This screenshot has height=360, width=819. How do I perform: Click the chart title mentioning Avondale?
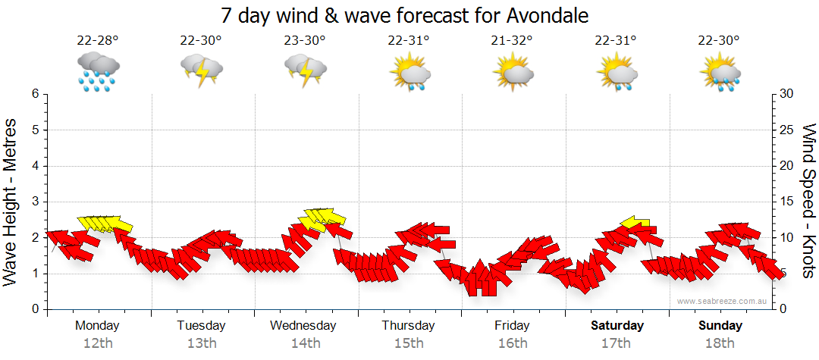click(405, 15)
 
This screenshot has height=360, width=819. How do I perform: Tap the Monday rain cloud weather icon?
click(98, 72)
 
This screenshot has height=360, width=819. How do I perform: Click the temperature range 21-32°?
click(512, 41)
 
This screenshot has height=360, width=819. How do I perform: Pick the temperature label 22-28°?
click(98, 41)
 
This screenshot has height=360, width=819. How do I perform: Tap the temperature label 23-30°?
click(305, 41)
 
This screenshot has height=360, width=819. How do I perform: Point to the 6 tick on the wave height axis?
click(34, 94)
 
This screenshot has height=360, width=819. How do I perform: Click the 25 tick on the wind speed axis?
click(787, 130)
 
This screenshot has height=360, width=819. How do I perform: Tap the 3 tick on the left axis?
click(34, 202)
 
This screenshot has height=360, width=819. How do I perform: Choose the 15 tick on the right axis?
click(787, 202)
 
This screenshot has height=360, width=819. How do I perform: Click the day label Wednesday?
click(303, 326)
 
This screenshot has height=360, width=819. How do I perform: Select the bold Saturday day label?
click(617, 326)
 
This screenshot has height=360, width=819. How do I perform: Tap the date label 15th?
click(408, 343)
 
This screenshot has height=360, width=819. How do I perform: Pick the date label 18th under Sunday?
click(720, 343)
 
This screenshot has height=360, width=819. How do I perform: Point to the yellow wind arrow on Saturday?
click(635, 223)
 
